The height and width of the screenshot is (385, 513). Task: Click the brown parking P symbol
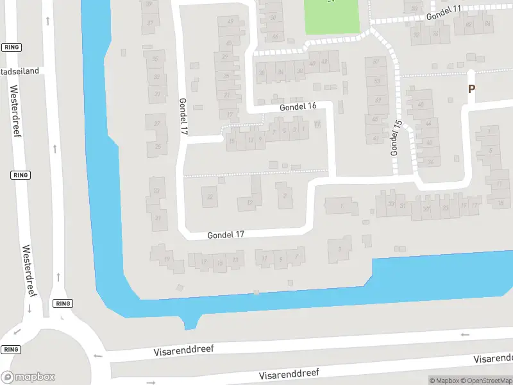coord(471,90)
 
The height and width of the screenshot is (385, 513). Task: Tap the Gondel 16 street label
coord(298,107)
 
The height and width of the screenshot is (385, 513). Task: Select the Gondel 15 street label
coord(396,138)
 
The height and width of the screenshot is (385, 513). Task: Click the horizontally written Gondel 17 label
coord(226,235)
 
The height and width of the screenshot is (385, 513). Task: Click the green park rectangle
coord(332,17)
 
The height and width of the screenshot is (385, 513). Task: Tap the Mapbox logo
coord(28,377)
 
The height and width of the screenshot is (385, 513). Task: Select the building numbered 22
coord(209,196)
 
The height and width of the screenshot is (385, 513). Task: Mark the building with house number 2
coord(285,196)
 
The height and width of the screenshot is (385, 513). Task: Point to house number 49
coord(230,22)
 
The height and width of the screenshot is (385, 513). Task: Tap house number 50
coord(273,17)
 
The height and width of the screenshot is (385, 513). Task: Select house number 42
coord(324,62)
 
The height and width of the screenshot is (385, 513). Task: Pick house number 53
coord(376,81)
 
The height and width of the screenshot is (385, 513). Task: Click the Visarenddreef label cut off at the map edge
coord(494,358)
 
